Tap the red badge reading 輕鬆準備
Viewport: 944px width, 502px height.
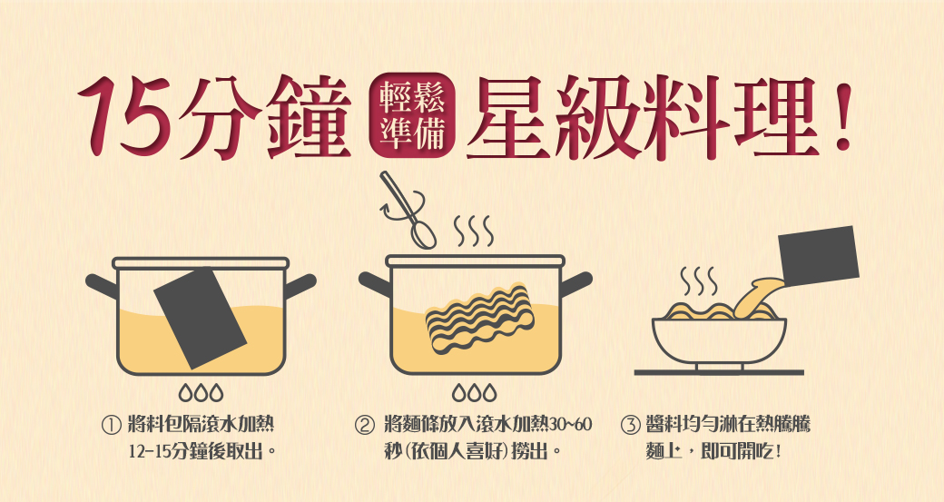point(413,115)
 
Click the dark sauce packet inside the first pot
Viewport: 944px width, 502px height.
point(201,317)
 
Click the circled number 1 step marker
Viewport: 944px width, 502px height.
point(112,426)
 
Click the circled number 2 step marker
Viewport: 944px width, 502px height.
point(364,426)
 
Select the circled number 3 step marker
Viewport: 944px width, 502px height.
point(630,426)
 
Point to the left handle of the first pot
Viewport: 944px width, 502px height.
point(101,286)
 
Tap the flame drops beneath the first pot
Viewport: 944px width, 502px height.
point(202,392)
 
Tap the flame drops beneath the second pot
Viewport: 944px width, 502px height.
point(475,392)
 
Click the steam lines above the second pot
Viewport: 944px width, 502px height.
point(473,231)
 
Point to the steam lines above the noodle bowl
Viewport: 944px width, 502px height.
point(698,281)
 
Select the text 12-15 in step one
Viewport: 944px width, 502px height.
point(150,451)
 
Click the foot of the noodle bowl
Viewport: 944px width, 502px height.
point(720,368)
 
